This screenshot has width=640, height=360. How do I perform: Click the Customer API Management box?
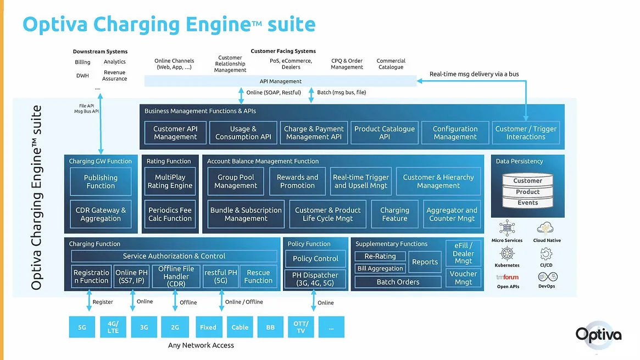tap(175, 133)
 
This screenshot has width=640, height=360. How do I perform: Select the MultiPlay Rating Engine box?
tap(170, 181)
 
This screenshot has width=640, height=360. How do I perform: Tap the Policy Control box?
tap(315, 258)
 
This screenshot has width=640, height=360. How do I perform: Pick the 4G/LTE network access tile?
tap(113, 327)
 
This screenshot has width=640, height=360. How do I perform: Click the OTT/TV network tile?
tap(301, 327)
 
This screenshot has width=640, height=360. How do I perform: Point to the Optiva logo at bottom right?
tap(598, 334)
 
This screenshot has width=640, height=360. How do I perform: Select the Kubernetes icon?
tap(507, 254)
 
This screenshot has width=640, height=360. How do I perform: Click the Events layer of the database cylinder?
tap(527, 203)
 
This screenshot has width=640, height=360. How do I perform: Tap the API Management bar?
tap(280, 81)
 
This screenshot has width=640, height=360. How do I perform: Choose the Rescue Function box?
tap(258, 276)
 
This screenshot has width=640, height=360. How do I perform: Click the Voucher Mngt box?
tap(463, 278)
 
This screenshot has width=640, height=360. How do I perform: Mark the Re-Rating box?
tap(380, 256)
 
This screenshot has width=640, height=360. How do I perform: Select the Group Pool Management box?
tap(236, 181)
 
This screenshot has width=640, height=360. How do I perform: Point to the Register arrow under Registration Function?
tap(89, 302)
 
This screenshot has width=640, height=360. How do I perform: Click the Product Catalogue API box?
tap(385, 133)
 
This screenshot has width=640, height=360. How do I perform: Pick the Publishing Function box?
tap(101, 182)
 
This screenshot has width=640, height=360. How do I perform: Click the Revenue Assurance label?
tap(115, 76)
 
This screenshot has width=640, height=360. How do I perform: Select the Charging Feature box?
tap(394, 214)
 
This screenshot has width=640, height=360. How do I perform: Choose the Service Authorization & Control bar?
tap(174, 256)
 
